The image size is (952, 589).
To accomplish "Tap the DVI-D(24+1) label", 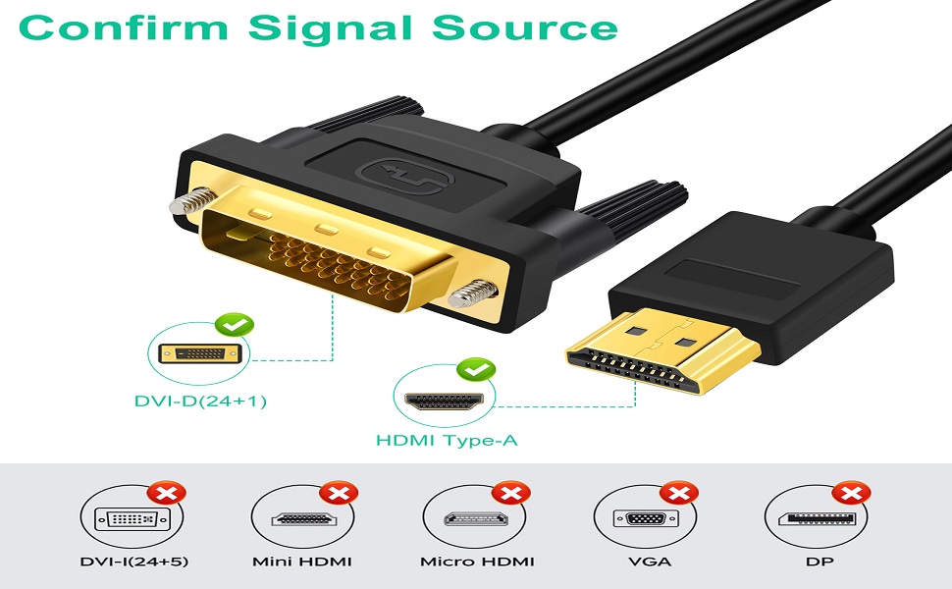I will point(200,401).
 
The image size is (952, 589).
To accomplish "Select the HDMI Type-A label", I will point(447,441).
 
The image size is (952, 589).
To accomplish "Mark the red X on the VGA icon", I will point(680,492).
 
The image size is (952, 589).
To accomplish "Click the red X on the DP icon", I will point(851,492).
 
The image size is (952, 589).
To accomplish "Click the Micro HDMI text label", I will point(477,562).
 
